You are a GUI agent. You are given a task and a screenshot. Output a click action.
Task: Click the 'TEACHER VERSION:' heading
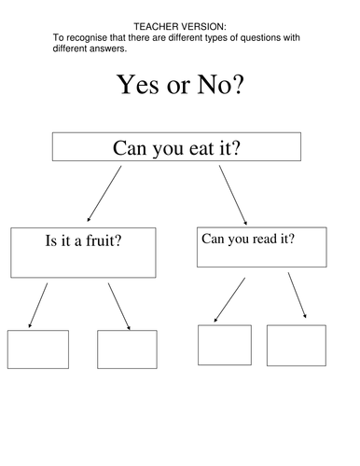click(180, 27)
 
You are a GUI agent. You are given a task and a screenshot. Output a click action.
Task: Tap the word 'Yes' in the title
click(137, 85)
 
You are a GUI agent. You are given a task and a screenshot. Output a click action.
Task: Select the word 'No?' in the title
click(221, 85)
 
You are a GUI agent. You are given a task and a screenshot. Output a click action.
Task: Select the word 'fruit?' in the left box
click(104, 240)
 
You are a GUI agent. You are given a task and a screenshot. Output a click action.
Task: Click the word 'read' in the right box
click(265, 239)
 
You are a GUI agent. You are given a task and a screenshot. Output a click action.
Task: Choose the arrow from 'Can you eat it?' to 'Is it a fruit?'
click(104, 194)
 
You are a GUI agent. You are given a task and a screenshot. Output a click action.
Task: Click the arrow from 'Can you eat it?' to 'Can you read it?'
click(233, 195)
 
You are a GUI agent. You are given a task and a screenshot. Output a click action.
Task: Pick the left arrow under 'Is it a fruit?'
click(38, 306)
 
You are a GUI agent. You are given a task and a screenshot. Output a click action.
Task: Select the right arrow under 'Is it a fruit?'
click(119, 307)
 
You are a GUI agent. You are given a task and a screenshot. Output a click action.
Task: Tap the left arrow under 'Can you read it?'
click(229, 300)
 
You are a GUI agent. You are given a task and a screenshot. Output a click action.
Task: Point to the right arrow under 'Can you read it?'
click(298, 295)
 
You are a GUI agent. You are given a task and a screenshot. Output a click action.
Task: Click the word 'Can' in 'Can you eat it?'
click(130, 148)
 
